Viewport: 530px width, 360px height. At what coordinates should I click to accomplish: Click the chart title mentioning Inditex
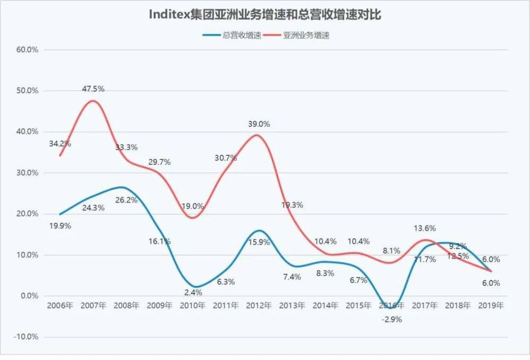point(264,15)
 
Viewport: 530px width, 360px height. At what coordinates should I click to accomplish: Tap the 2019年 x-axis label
point(491,306)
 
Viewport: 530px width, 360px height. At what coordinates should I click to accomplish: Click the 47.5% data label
point(93,89)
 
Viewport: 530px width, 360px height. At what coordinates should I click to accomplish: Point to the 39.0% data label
point(259,124)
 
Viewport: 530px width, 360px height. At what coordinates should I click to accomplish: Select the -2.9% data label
point(392,319)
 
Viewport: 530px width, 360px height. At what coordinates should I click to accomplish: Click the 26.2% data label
point(127,200)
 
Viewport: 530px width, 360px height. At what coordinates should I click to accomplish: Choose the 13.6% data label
point(425,229)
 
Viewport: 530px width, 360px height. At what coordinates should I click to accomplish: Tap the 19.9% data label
point(60,225)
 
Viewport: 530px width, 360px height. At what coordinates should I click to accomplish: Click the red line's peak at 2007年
point(93,101)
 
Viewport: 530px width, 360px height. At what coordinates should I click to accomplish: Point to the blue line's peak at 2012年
point(258,231)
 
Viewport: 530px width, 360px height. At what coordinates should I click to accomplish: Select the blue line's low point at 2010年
point(194,286)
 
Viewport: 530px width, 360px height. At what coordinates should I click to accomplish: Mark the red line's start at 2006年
point(60,155)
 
